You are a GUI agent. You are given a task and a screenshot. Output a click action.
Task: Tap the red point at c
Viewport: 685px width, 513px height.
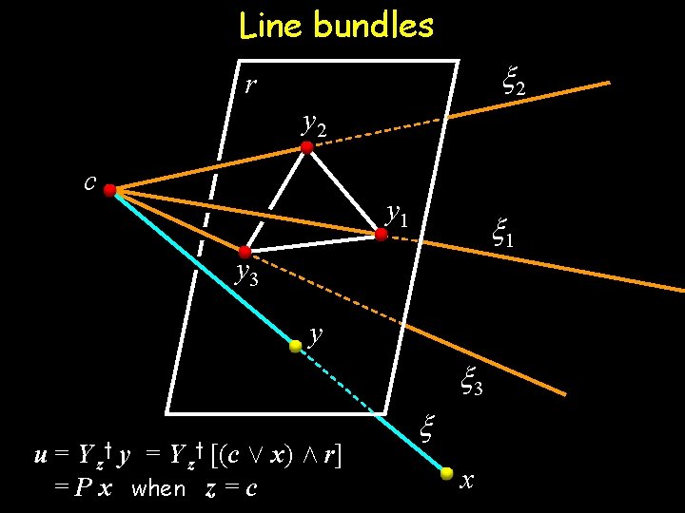pos(110,191)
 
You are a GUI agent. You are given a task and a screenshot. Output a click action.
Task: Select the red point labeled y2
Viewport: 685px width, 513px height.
pos(307,147)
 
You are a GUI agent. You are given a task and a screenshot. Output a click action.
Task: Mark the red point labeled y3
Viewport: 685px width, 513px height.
pos(245,252)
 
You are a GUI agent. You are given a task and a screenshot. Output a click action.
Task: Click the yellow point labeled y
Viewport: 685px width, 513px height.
pos(296,347)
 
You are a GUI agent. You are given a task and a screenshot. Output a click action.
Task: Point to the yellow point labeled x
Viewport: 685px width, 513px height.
pos(447,471)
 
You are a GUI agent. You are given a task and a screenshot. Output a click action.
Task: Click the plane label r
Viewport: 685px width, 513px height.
pos(249,85)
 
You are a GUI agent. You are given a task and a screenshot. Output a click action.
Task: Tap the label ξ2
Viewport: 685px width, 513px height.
pos(514,85)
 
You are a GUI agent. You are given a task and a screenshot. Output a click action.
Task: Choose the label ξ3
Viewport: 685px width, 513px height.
pos(472,382)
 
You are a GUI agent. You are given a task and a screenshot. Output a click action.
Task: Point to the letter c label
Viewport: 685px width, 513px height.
pos(89,182)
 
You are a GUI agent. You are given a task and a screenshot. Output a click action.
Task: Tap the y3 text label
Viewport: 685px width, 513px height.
pos(246,275)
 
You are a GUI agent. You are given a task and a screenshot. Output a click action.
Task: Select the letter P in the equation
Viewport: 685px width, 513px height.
pos(85,488)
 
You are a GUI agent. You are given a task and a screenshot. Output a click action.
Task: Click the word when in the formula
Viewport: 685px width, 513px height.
pos(159,488)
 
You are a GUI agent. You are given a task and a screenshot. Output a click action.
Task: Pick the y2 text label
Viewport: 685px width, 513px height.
pos(314,123)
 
